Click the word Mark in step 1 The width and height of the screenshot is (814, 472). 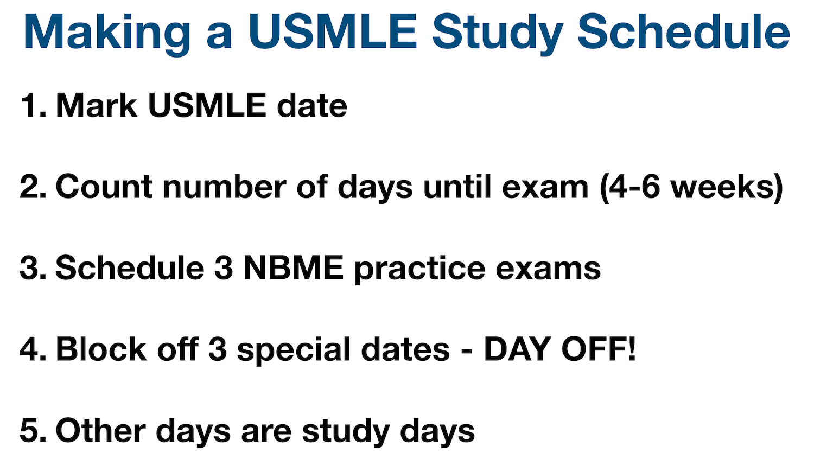(x=96, y=105)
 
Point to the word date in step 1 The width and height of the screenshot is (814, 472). (x=312, y=105)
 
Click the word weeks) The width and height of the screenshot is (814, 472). (x=727, y=187)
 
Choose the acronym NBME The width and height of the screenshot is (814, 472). (x=294, y=268)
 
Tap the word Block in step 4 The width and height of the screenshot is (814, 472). (x=101, y=349)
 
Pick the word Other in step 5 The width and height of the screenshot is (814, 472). (x=101, y=431)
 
